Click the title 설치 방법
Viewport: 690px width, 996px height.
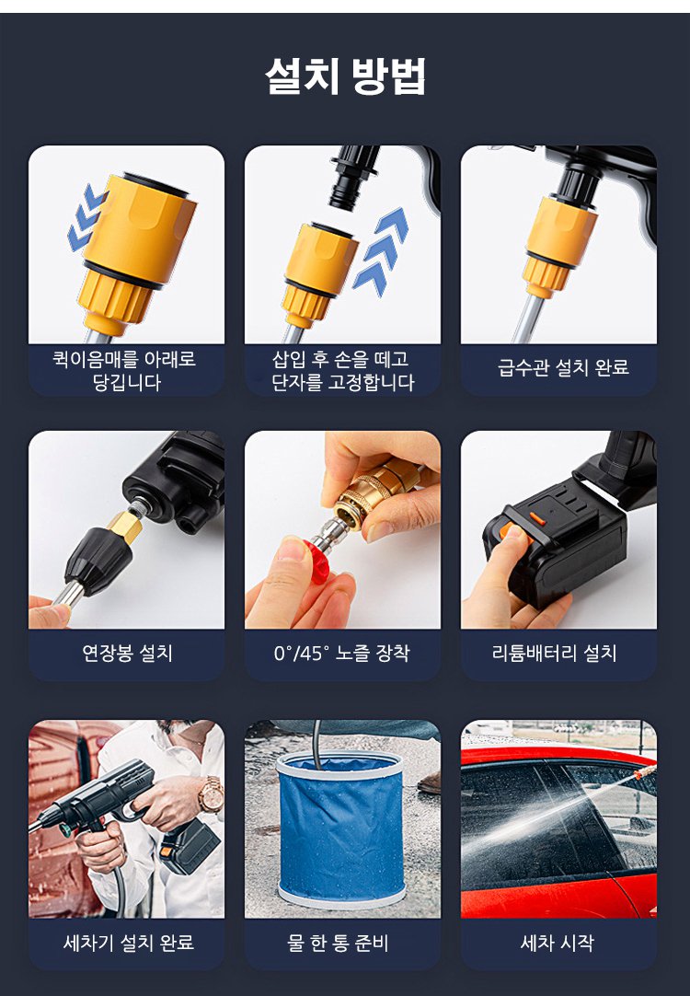point(345,76)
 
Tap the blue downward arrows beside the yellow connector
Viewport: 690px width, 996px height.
point(86,217)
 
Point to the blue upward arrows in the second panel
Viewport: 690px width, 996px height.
point(380,251)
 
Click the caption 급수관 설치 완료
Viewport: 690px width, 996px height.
point(563,367)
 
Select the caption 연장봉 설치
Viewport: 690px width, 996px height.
point(127,653)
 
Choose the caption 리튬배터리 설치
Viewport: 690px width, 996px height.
point(554,653)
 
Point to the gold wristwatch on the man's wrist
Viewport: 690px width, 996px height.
point(210,794)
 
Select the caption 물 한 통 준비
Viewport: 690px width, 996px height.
point(338,943)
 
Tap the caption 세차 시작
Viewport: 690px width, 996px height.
point(557,943)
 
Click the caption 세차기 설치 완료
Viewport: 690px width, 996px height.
point(128,943)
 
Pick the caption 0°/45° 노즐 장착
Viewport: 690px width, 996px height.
point(341,653)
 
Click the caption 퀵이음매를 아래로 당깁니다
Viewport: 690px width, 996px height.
point(125,370)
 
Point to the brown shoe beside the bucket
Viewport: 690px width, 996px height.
point(430,783)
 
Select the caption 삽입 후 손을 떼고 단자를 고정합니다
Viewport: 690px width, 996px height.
point(343,370)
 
